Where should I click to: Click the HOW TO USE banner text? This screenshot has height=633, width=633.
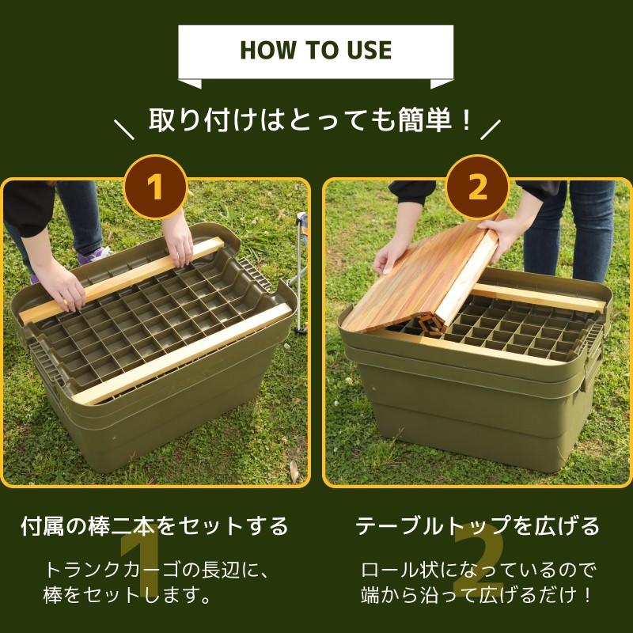(316, 50)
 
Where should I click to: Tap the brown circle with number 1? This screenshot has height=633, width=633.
(156, 187)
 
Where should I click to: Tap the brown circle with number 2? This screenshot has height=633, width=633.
(478, 187)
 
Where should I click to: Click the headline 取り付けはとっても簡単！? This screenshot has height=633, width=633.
(310, 120)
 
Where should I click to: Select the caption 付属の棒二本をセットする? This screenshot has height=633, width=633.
(154, 525)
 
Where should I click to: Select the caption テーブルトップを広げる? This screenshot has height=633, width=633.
(478, 525)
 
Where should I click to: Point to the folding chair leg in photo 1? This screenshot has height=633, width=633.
(300, 275)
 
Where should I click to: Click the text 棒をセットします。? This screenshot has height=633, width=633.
(127, 595)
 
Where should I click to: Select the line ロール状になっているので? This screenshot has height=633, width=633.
(478, 570)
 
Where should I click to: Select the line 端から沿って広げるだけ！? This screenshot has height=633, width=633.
(478, 595)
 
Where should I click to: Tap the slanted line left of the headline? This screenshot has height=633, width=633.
(124, 130)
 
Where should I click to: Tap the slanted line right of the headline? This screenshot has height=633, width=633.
(491, 130)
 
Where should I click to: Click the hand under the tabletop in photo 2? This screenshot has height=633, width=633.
(392, 255)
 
